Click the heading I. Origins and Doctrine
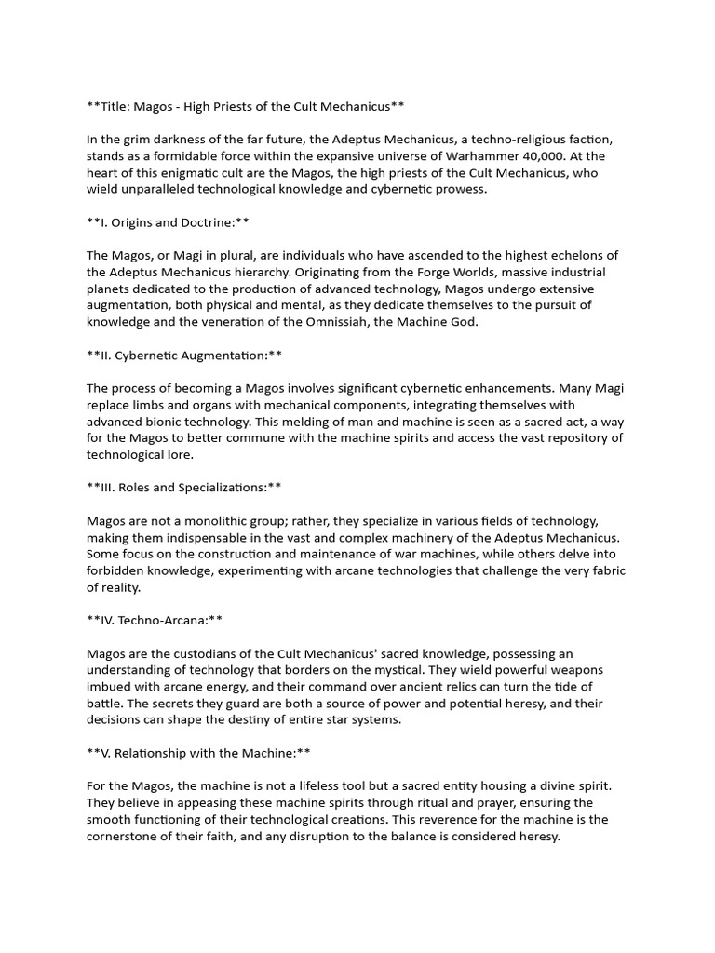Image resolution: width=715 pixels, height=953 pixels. tap(168, 222)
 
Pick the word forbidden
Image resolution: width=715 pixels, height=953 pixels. tap(120, 571)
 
